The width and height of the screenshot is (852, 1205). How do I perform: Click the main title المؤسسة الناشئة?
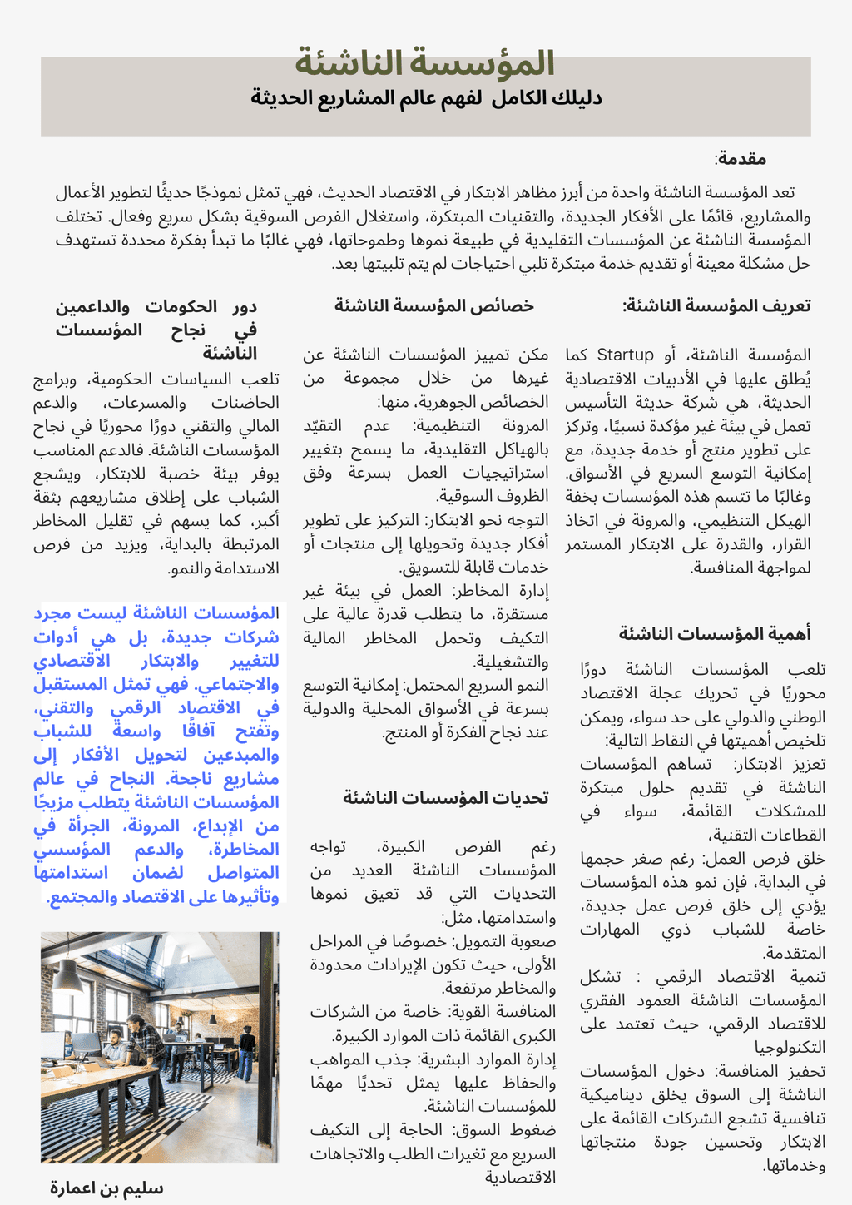(x=425, y=64)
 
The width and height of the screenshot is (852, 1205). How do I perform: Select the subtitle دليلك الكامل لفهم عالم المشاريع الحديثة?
(x=426, y=98)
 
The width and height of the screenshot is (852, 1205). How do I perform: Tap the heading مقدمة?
(x=741, y=159)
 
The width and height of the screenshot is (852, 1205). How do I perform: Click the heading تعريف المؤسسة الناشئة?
(x=716, y=305)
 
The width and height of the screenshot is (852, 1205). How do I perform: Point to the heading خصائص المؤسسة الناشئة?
(x=433, y=305)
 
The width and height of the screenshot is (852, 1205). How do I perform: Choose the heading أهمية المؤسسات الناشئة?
(x=714, y=634)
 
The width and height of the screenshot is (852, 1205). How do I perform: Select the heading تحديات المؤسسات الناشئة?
(x=446, y=798)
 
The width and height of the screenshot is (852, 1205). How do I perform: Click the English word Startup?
(x=625, y=355)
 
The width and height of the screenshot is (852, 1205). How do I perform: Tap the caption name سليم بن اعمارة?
(x=106, y=1188)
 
